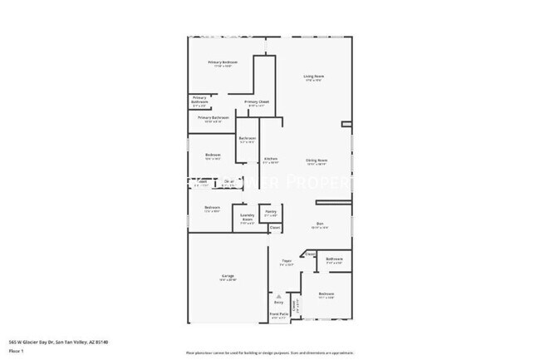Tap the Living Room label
313,76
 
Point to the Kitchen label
271,159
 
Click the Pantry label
270,211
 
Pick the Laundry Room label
247,218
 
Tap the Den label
319,223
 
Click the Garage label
227,275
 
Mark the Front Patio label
279,314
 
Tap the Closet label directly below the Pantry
274,228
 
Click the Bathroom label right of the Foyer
334,260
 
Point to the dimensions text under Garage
227,279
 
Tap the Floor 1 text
15,351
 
